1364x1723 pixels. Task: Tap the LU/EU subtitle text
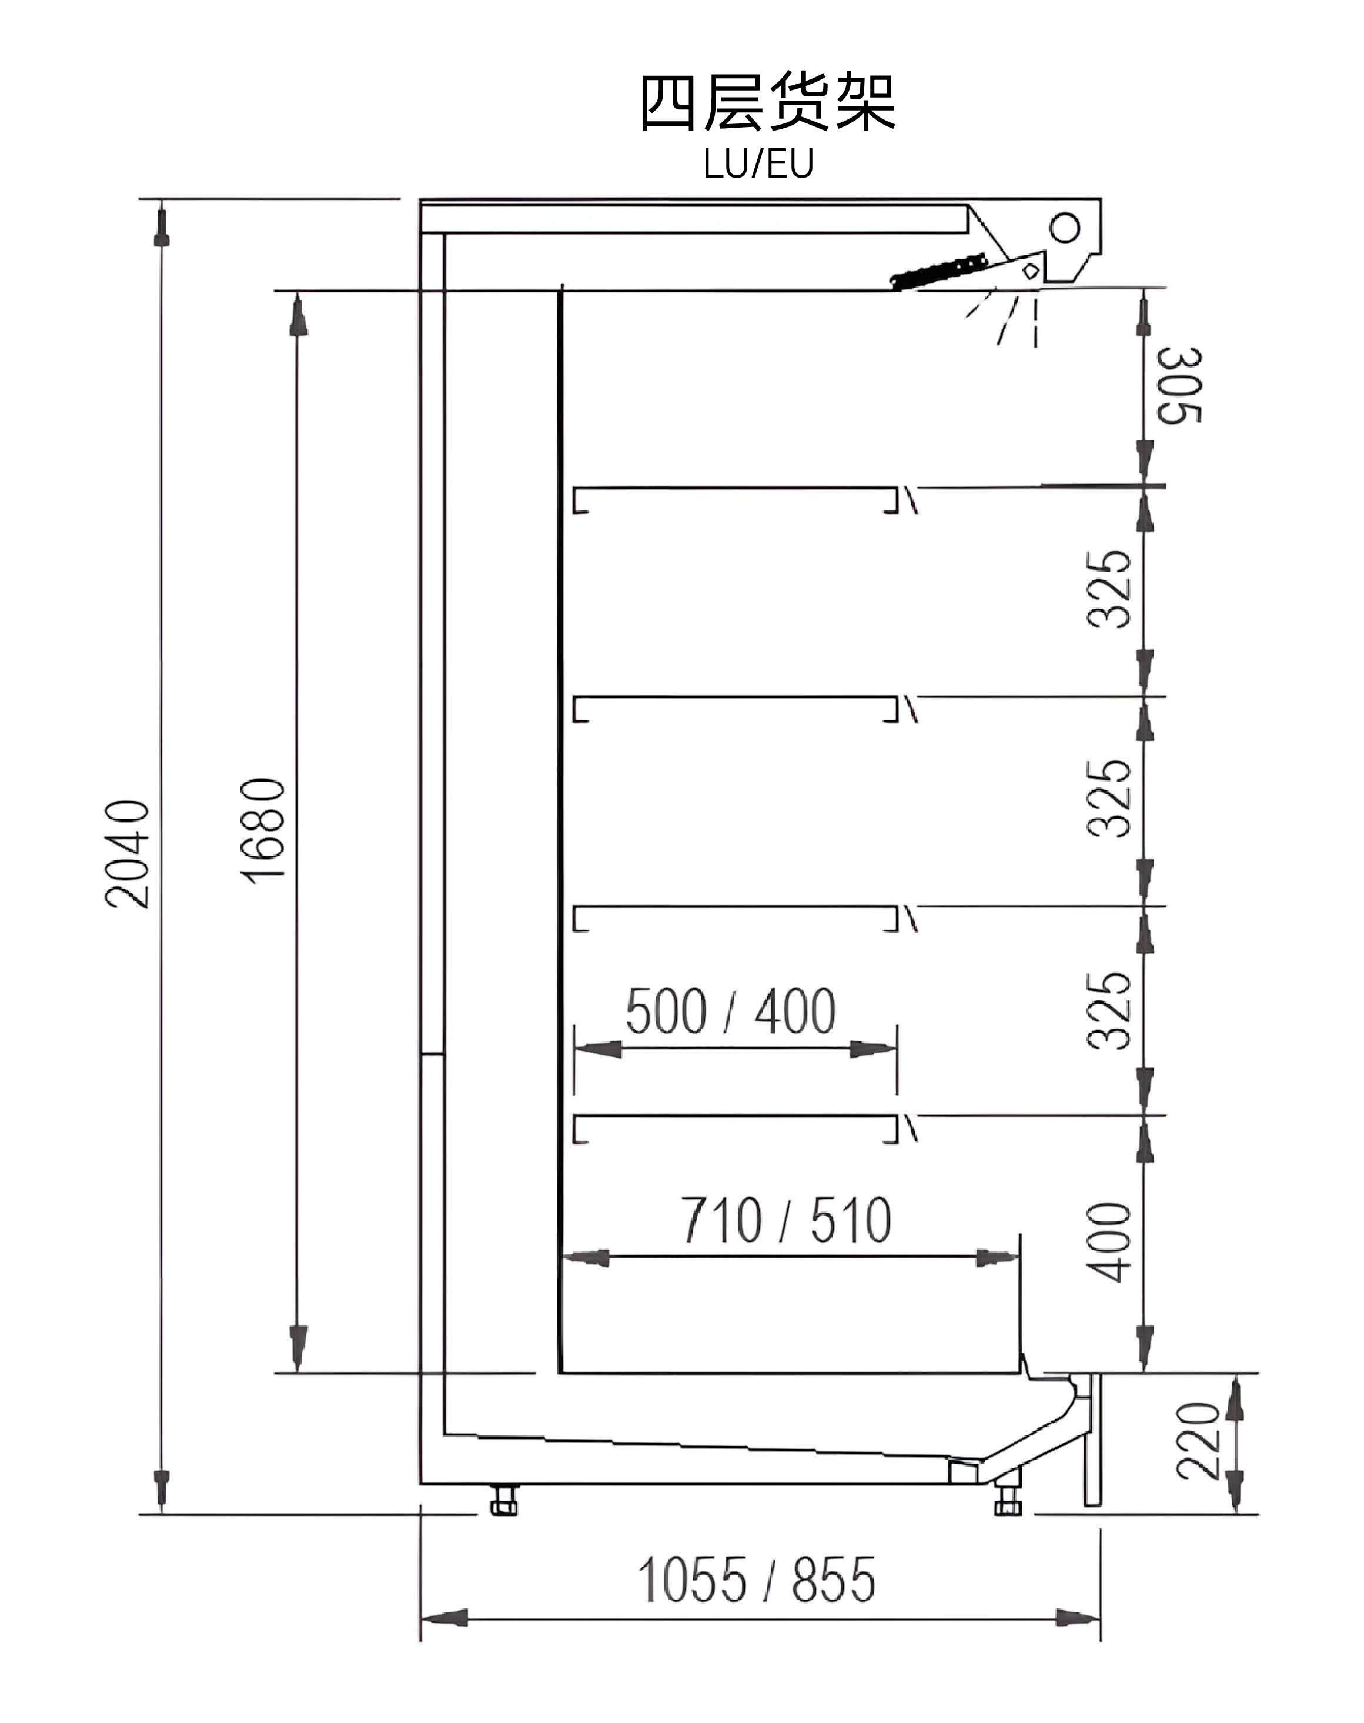[758, 163]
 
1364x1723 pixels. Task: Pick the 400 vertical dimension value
[1110, 1242]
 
